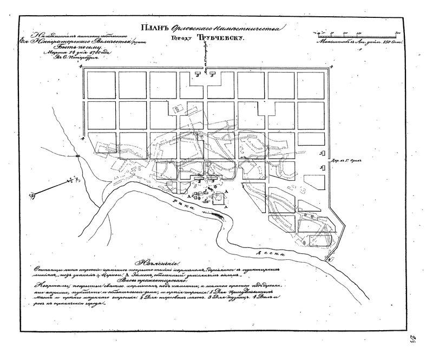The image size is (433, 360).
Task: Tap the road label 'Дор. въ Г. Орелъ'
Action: click(347, 161)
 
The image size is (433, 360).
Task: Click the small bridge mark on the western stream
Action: click(78, 156)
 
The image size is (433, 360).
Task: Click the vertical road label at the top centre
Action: click(206, 57)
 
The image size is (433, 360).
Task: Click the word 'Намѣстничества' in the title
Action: click(245, 30)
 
